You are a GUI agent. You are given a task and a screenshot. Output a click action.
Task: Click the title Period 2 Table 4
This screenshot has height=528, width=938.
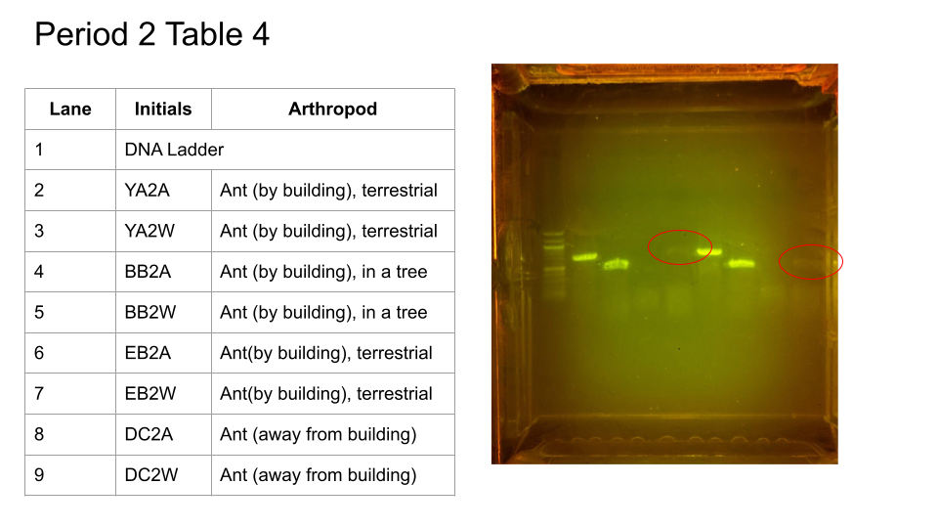(x=152, y=34)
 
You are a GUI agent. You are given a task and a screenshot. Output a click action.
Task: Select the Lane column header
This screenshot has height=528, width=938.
(x=70, y=109)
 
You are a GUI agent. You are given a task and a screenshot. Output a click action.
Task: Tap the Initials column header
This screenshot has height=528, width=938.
(x=163, y=109)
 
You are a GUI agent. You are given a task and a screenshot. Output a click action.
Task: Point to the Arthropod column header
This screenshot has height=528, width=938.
(x=332, y=109)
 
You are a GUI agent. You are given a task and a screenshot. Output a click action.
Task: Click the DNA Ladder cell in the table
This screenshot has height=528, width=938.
(x=174, y=150)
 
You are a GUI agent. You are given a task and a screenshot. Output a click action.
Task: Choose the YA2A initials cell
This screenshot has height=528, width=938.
(x=148, y=191)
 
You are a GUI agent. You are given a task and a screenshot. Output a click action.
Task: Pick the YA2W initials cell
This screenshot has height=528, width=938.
(x=149, y=231)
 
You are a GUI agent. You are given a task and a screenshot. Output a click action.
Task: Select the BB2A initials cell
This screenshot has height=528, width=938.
(x=148, y=272)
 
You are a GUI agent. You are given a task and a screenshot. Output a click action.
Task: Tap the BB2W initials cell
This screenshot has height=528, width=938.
(x=150, y=313)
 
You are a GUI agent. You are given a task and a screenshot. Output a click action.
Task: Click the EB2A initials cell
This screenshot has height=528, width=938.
(x=148, y=353)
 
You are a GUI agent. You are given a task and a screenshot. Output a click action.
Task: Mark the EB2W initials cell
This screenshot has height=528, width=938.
(x=150, y=394)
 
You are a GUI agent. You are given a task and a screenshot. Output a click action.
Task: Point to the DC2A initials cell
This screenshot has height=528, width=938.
(x=149, y=434)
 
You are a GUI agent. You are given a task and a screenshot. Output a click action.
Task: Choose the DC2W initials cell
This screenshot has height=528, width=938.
(x=151, y=475)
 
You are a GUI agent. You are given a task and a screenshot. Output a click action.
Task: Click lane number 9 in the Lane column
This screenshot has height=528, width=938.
(x=39, y=475)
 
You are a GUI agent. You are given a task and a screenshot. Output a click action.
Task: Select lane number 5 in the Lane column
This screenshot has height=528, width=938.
(x=39, y=313)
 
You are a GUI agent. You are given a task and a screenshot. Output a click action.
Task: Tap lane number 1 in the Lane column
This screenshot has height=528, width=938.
(x=39, y=150)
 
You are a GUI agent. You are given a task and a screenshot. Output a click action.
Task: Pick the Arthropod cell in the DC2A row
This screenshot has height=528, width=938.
(x=319, y=434)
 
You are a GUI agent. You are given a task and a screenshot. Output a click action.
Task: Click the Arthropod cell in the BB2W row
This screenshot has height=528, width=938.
(x=323, y=313)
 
